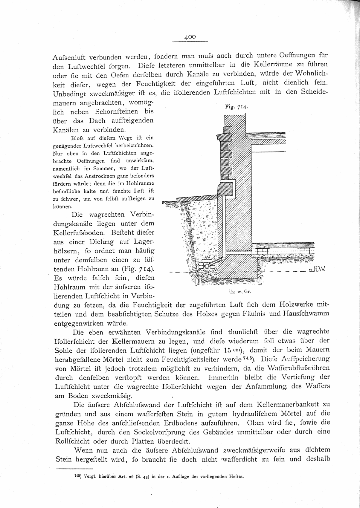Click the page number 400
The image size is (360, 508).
(x=190, y=37)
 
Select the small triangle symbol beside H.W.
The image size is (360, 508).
(x=311, y=270)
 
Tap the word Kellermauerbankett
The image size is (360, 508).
(x=288, y=405)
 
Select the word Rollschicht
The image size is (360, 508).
(x=73, y=441)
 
